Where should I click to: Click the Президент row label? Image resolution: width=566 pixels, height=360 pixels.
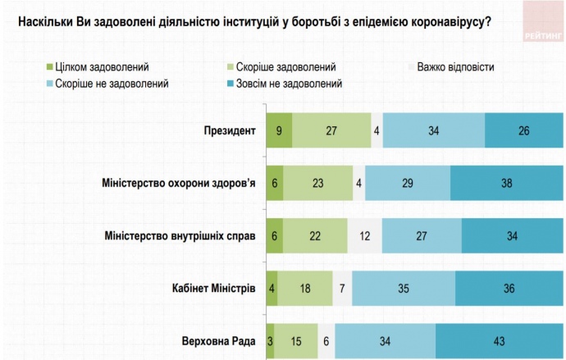click(x=232, y=130)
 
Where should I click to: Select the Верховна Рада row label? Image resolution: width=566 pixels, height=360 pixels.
click(x=221, y=341)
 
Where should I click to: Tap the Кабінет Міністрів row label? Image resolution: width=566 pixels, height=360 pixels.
click(x=216, y=289)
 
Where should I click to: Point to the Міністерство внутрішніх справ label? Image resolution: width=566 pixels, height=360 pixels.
click(x=181, y=235)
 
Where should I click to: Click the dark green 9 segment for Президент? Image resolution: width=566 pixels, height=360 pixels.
click(x=279, y=130)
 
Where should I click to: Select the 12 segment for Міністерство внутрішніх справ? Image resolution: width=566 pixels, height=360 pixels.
click(x=364, y=235)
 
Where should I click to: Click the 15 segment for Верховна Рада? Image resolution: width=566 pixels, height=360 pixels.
click(x=296, y=341)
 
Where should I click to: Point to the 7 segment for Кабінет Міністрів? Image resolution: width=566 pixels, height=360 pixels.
click(x=342, y=289)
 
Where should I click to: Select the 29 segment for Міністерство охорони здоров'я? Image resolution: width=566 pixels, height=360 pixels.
click(x=408, y=183)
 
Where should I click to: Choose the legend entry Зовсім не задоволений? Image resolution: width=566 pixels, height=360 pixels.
click(x=293, y=83)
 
